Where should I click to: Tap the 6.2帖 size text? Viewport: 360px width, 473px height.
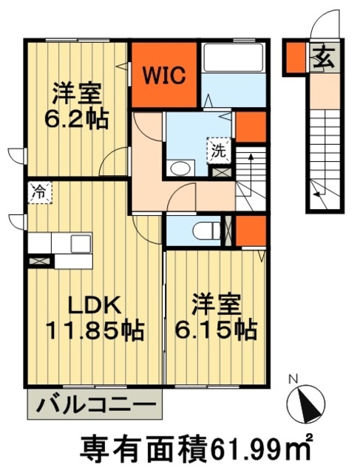click(x=78, y=118)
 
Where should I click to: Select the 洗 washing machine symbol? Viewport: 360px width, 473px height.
click(x=220, y=150)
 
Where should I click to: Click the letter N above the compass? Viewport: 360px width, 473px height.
click(x=293, y=380)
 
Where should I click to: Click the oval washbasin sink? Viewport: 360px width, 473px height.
click(x=180, y=169)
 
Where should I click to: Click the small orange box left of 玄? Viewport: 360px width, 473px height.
click(x=295, y=58)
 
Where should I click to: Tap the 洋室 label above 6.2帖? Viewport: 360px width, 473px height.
click(x=78, y=95)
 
